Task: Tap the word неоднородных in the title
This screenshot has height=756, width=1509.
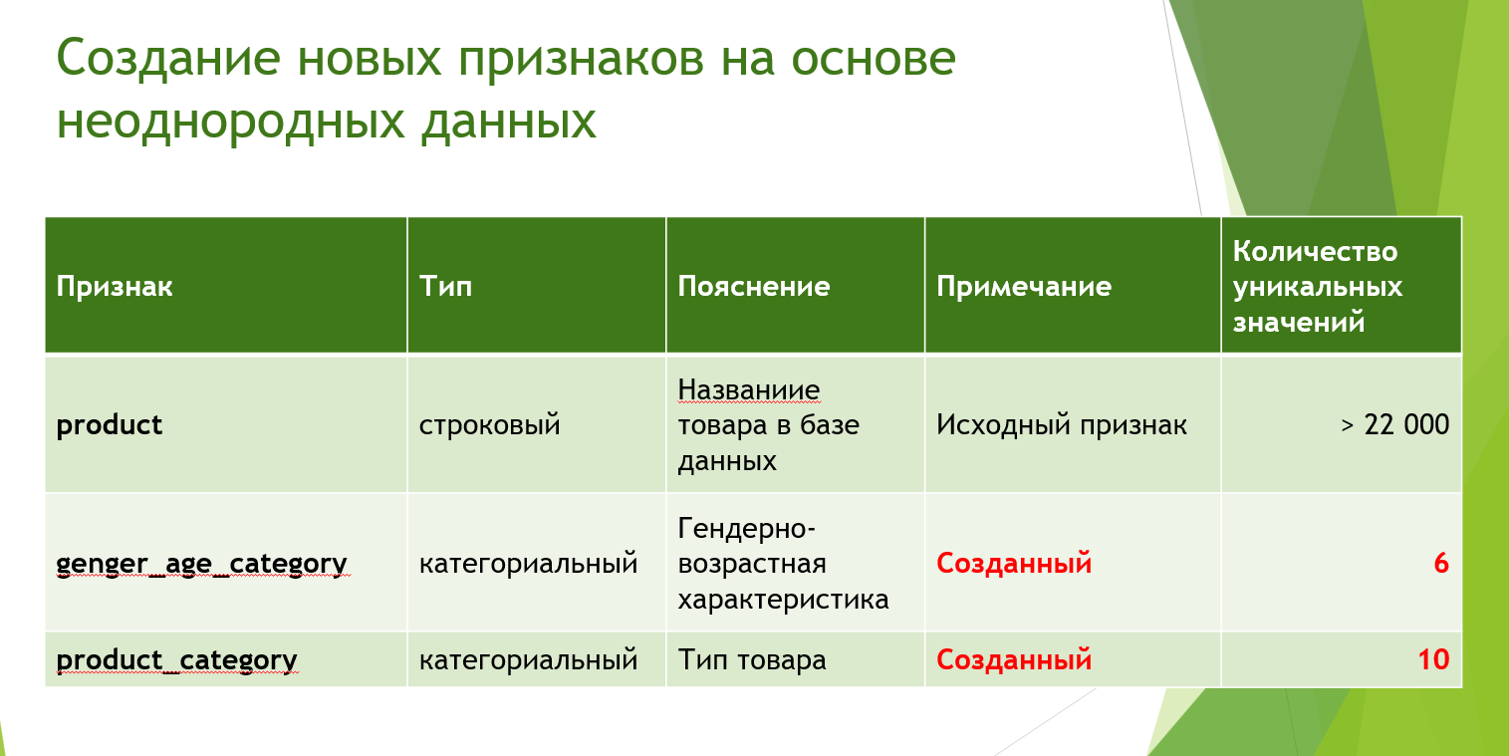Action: point(231,123)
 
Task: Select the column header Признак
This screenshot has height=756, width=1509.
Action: point(115,288)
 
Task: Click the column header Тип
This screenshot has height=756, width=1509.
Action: point(445,287)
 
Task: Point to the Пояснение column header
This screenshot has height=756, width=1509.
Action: point(754,287)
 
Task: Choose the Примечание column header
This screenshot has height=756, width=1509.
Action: point(1024,288)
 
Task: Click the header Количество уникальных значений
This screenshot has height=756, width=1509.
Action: point(1318,287)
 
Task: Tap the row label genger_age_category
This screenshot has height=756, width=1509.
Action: point(201,564)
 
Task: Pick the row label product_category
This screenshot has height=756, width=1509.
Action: point(176,660)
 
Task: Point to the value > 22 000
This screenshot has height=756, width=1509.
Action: point(1395,424)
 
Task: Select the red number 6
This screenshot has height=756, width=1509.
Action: point(1441,564)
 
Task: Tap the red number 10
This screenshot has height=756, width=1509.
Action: point(1433,659)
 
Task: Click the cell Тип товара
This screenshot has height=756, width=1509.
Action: point(752,660)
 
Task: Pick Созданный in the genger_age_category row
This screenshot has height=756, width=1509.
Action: point(1014,564)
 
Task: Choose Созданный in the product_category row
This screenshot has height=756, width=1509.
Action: point(1014,660)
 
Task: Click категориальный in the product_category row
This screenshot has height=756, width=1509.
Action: point(528,660)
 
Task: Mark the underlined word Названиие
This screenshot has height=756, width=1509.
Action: point(748,390)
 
